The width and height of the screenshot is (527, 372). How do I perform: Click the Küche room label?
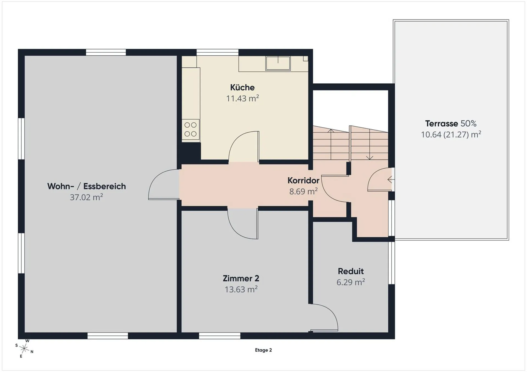point(242,87)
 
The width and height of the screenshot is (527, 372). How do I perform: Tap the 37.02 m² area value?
point(86,197)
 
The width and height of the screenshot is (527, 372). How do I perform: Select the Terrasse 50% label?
point(451,124)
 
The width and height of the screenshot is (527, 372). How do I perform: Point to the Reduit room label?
point(351,271)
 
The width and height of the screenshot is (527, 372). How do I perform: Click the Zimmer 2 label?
point(241,279)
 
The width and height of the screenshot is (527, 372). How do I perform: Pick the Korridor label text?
point(303,180)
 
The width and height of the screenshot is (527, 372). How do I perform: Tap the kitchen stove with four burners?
point(190,129)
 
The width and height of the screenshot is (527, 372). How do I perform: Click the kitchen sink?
point(278,63)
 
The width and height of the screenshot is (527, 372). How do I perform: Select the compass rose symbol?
point(24,348)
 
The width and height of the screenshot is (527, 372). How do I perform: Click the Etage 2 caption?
point(263,350)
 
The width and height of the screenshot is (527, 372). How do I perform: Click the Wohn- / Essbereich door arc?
point(164,184)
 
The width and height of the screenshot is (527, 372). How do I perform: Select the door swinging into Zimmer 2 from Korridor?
point(243,223)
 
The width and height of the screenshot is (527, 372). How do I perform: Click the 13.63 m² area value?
point(241,289)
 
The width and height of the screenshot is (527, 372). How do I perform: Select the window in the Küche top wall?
point(217,52)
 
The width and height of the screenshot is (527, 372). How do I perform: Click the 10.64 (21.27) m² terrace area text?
point(451,135)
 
